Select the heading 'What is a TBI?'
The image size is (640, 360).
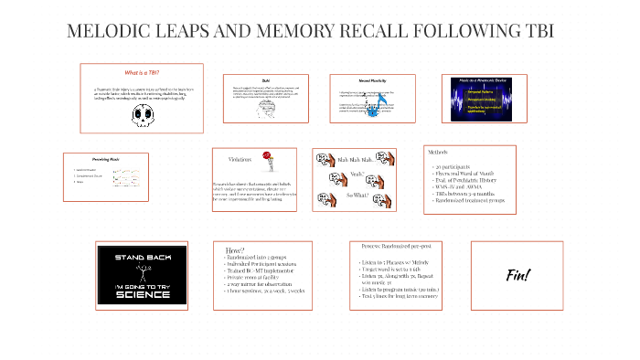[x=141, y=72]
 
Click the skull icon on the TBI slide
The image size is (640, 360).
[x=141, y=113]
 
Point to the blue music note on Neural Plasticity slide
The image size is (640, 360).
[x=374, y=111]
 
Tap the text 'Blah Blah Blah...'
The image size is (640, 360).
[x=356, y=159]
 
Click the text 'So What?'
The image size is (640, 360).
[x=357, y=195]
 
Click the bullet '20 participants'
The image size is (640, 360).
[x=453, y=166]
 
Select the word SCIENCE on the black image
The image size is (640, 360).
[x=142, y=293]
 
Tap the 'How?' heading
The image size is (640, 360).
[x=234, y=249]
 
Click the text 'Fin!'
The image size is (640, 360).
[x=517, y=274]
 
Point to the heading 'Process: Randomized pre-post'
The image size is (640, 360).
[x=395, y=246]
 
